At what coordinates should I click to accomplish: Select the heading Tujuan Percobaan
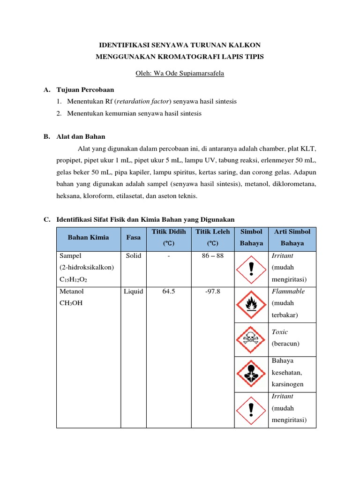(x=85, y=89)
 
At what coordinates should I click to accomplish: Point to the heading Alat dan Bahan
(x=81, y=136)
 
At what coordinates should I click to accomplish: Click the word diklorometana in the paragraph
(x=293, y=184)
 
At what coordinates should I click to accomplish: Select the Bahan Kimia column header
(x=88, y=237)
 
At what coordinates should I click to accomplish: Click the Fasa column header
(x=134, y=237)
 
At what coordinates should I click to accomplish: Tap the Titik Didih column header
(x=169, y=232)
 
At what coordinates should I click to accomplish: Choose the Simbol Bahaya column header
(x=252, y=237)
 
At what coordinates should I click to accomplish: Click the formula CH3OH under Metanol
(x=71, y=303)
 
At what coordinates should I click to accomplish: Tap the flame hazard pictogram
(x=252, y=304)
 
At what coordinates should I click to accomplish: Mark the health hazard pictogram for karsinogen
(x=252, y=373)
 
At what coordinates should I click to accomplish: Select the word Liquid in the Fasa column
(x=134, y=291)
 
